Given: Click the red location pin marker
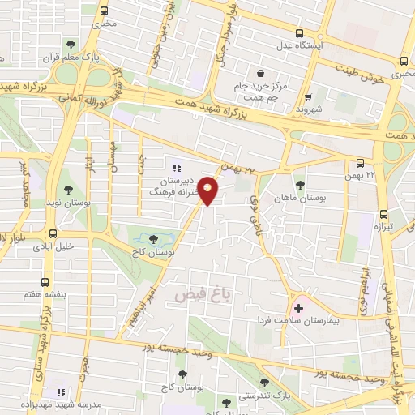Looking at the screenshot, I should click(x=209, y=191).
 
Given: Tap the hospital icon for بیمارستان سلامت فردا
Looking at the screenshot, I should click(x=298, y=308).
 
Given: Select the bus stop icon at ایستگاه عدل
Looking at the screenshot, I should click(x=300, y=34).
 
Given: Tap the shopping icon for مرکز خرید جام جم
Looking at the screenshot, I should click(x=259, y=73).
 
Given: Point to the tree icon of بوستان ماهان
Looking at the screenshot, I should click(x=300, y=186).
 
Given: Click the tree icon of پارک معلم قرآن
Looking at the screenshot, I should click(x=71, y=45).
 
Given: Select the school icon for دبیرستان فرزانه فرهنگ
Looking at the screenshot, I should click(x=177, y=168).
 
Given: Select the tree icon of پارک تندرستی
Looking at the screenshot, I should click(x=263, y=381).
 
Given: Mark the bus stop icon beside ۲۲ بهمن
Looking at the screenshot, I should click(x=360, y=163).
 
